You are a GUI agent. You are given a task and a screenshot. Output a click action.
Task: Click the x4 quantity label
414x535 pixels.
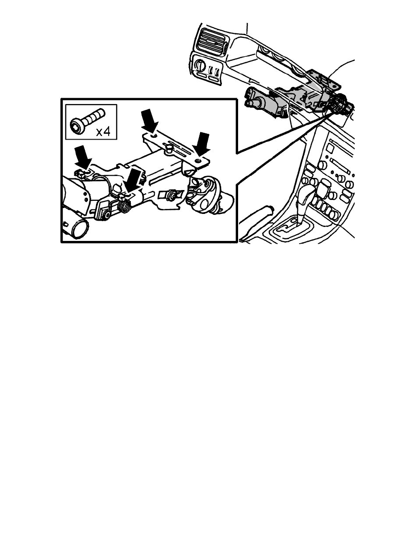click(104, 131)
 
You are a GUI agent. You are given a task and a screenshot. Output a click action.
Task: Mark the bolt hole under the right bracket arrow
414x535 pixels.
click(198, 161)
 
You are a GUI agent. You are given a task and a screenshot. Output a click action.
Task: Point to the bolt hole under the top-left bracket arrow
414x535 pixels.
click(154, 134)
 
